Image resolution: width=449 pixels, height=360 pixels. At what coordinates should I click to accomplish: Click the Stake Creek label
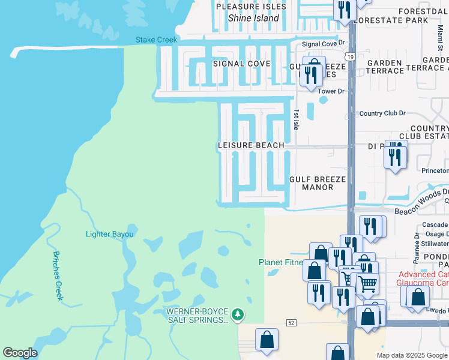tap(157, 40)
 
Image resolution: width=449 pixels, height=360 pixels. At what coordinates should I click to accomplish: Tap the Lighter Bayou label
tap(109, 234)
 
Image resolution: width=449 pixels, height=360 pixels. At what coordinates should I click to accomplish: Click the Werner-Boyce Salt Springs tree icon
tap(238, 314)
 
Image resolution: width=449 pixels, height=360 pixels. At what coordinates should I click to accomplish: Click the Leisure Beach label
tap(250, 146)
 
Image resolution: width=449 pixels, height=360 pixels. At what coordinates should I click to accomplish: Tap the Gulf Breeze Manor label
tap(318, 183)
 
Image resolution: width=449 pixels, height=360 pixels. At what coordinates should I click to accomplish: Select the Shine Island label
tap(253, 18)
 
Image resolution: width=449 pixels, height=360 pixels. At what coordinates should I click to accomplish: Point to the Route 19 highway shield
tap(351, 56)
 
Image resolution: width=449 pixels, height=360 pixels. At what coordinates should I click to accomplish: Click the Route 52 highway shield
tap(291, 323)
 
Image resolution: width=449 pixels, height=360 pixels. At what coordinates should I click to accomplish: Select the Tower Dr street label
tap(331, 91)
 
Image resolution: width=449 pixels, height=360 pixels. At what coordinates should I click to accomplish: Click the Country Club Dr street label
tap(382, 113)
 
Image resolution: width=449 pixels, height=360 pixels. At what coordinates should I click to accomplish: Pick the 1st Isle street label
tap(295, 119)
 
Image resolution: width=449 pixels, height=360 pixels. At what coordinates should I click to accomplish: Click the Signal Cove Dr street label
tap(325, 44)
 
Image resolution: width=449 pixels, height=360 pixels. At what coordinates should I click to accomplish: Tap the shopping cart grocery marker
tap(367, 282)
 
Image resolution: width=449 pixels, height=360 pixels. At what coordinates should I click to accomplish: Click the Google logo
tap(20, 353)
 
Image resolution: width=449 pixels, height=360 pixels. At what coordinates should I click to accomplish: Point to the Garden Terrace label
tap(385, 67)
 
